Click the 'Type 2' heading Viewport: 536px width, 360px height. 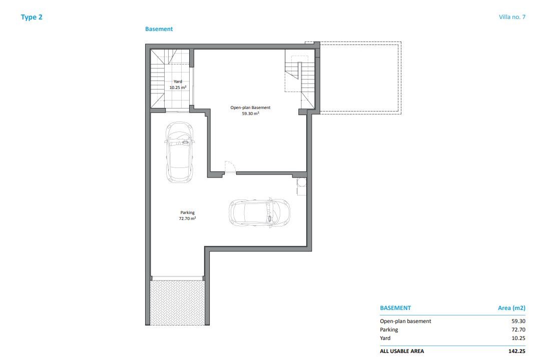coord(32,17)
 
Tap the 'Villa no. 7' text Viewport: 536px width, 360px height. coord(512,17)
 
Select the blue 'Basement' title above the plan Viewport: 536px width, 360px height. coord(159,29)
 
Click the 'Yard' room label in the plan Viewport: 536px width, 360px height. coord(178,81)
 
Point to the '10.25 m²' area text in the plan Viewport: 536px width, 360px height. coord(178,87)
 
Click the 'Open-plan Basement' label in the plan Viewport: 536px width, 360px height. coord(250,107)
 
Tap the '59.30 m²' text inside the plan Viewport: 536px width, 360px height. coord(251,113)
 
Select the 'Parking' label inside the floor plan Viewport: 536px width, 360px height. coord(187,212)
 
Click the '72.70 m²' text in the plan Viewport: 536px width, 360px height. coord(187,218)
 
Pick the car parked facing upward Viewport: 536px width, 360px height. coord(180,152)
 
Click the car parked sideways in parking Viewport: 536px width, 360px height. coord(259,212)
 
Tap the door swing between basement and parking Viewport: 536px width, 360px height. coord(230,167)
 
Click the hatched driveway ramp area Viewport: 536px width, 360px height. coord(177,302)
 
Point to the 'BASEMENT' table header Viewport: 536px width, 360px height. coord(395,307)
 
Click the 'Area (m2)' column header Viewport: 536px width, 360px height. coord(511,307)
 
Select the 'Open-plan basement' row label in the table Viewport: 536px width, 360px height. coord(405,321)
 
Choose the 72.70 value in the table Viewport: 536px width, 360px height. coord(518,329)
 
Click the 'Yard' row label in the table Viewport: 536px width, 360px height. coord(385,338)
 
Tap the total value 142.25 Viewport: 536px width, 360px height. coord(517,351)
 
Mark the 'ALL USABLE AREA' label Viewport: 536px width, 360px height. coord(402,351)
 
